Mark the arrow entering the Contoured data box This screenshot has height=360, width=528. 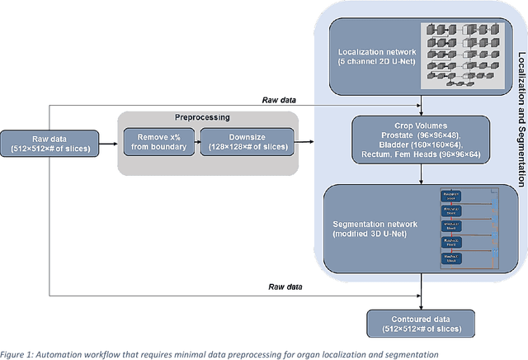pos(422,301)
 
